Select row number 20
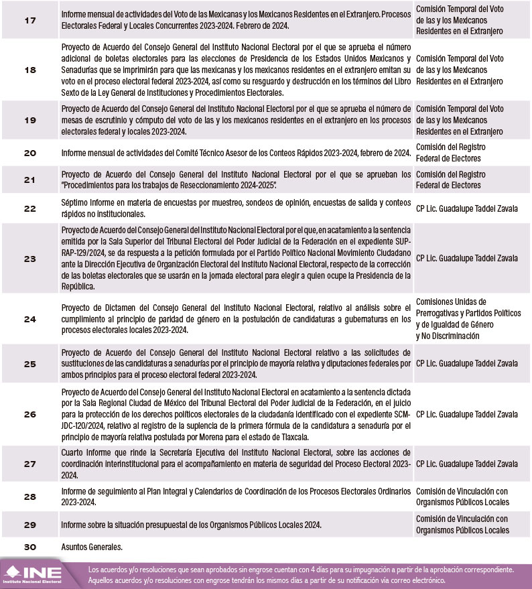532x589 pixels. (x=30, y=153)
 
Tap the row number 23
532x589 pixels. (x=30, y=258)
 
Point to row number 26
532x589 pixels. (x=30, y=414)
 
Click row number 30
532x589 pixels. (x=30, y=547)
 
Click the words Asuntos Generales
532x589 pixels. (x=91, y=547)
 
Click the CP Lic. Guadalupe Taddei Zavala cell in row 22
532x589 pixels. (x=466, y=209)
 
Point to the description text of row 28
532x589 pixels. (x=235, y=497)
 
